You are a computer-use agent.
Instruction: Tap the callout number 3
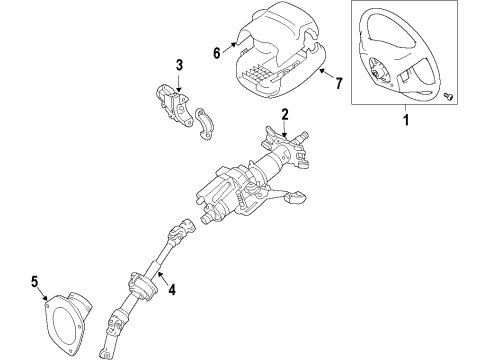pyautogui.click(x=180, y=67)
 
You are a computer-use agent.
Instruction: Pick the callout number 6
pyautogui.click(x=217, y=54)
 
